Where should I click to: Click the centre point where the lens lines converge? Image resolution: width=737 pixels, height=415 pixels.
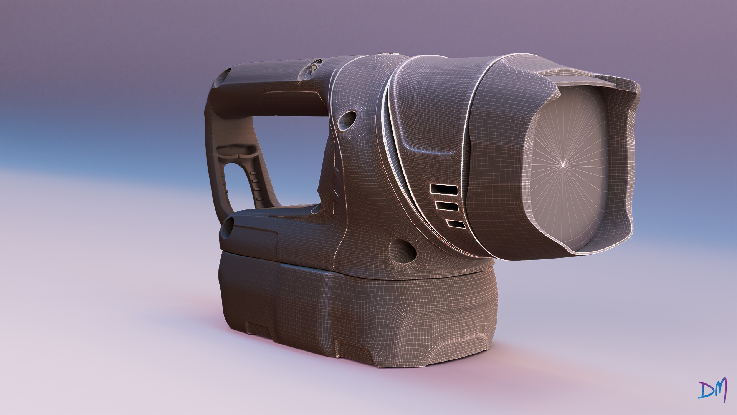[x=563, y=165]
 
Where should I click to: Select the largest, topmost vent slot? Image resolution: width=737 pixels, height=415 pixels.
[x=444, y=189]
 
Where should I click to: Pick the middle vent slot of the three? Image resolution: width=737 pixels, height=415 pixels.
[x=448, y=206]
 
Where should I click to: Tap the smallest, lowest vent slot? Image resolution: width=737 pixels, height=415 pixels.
[x=456, y=224]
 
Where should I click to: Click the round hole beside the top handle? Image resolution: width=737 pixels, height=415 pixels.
[x=347, y=120]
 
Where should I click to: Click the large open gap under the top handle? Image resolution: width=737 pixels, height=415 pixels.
[x=292, y=158]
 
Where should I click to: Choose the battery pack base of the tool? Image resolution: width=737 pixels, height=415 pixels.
[x=357, y=311]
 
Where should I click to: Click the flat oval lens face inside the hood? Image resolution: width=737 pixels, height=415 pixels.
[x=564, y=165]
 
